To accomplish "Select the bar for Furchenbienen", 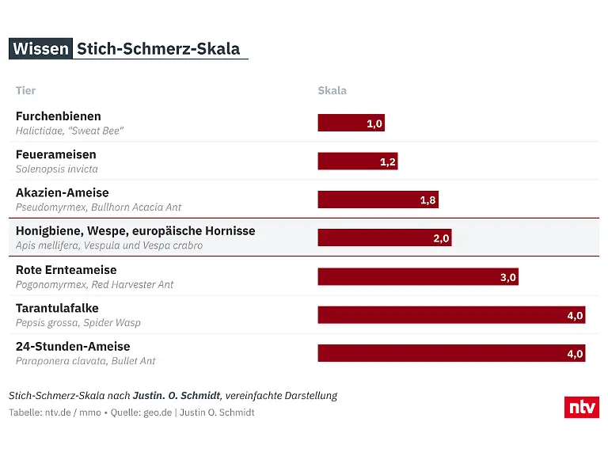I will pos(351,123).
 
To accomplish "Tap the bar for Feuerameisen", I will pos(357,161).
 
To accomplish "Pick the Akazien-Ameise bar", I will pos(378,199).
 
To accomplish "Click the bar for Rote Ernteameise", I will pos(417,276).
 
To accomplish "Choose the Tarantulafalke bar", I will pos(451,315).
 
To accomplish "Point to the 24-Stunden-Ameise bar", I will pos(451,353).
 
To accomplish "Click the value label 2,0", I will pos(441,238).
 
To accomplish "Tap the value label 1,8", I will pos(427,200).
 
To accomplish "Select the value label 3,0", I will pos(507,277).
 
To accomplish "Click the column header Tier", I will pos(25,90).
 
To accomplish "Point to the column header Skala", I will pos(332,90).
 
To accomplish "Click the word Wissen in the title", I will pos(40,48).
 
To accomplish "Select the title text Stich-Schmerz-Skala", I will pos(158,48).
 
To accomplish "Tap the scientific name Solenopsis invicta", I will pos(57,169).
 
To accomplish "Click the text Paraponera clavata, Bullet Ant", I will pos(85,361).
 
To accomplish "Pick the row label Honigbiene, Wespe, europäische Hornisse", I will pos(135,231).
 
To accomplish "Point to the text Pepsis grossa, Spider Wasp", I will pos(78,322).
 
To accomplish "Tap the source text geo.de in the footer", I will pos(157,412).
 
